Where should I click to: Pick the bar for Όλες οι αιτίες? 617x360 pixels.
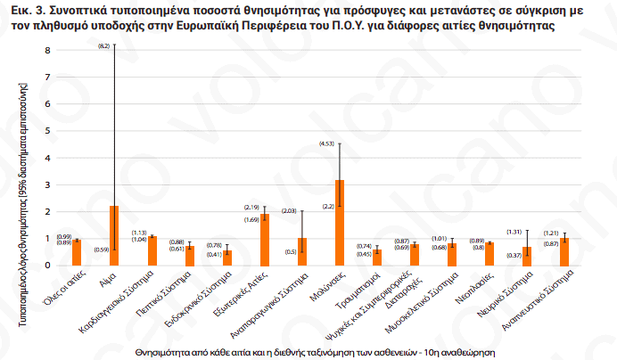[77, 253]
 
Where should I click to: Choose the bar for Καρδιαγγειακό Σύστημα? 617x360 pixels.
[152, 251]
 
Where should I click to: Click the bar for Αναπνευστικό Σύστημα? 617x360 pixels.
[564, 252]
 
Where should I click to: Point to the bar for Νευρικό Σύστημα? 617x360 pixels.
[527, 257]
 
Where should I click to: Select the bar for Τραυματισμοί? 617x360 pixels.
[376, 258]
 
